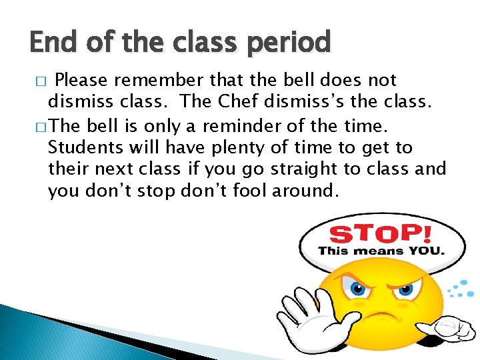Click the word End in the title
(x=51, y=43)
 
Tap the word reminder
(x=260, y=125)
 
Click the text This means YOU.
(x=381, y=251)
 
